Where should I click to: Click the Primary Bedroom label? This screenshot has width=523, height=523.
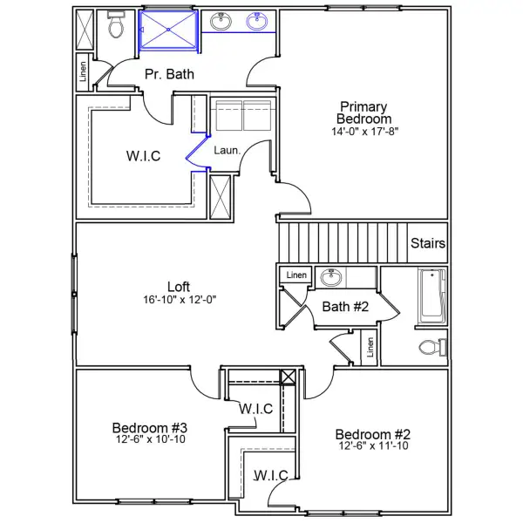coord(365,112)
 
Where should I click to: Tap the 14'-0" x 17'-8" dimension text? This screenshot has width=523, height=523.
coord(365,132)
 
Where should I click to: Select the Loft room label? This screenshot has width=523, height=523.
coord(180,286)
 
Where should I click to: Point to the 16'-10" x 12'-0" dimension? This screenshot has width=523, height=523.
coord(180,299)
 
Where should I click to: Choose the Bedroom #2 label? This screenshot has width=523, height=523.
coord(373,434)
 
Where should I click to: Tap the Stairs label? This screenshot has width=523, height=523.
coord(428,244)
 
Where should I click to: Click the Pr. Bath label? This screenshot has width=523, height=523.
coord(169,74)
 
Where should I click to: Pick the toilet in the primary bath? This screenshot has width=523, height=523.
coord(116,28)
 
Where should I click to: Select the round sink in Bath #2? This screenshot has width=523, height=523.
coord(330,277)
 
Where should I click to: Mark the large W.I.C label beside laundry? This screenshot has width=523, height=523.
coord(143,156)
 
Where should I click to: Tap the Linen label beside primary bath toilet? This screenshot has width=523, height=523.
coord(83,75)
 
